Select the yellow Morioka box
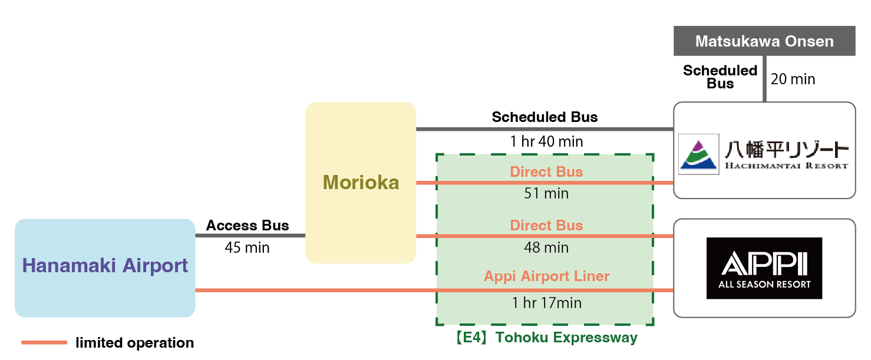[361, 183]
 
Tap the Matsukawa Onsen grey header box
[764, 41]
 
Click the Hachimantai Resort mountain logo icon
[698, 154]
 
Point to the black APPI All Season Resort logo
[764, 268]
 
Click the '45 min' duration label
[247, 247]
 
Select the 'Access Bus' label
[248, 226]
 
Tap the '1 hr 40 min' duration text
[546, 141]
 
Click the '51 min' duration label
[546, 194]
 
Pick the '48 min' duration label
[546, 247]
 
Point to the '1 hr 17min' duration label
[546, 303]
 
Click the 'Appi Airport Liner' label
[546, 276]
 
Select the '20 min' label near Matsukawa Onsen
[793, 79]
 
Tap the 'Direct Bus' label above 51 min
[546, 172]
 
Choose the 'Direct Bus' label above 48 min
[546, 226]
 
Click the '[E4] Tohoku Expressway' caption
[546, 338]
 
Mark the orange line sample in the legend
[44, 343]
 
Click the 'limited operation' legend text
[134, 343]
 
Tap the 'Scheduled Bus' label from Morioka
[545, 117]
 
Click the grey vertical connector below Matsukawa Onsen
[764, 79]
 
